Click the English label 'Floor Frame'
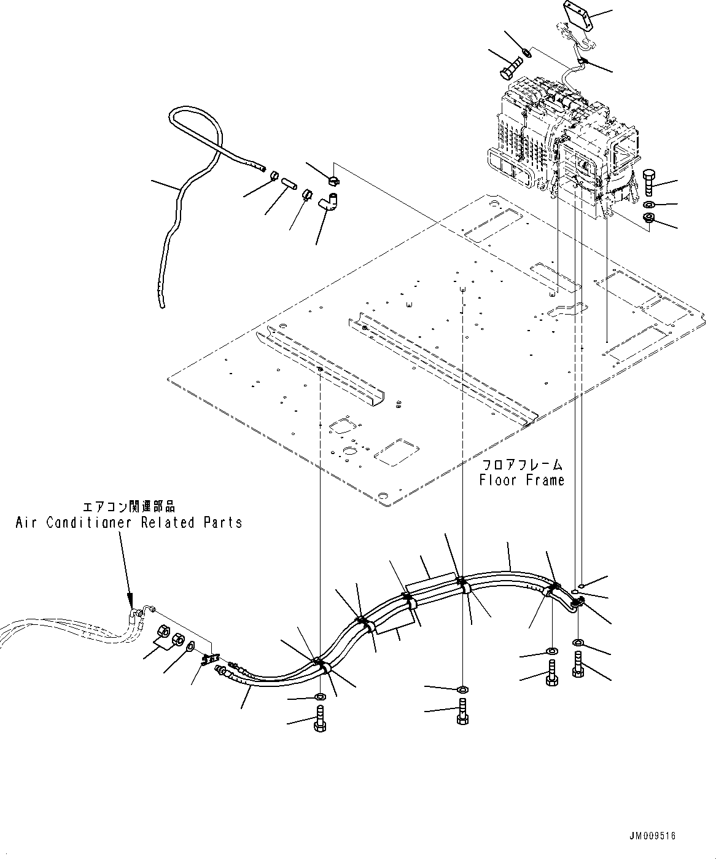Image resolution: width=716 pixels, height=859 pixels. (521, 480)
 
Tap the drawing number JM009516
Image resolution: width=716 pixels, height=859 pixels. (652, 836)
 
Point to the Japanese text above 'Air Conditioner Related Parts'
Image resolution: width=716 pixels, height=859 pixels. (128, 507)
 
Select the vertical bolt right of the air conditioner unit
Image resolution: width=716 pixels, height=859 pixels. (650, 182)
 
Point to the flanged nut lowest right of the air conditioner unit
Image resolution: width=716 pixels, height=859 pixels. (649, 219)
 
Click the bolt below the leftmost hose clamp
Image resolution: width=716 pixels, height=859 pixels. (319, 718)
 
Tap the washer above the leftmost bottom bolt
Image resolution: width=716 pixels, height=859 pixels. (321, 697)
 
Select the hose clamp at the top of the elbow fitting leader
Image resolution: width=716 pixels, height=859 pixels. (334, 181)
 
